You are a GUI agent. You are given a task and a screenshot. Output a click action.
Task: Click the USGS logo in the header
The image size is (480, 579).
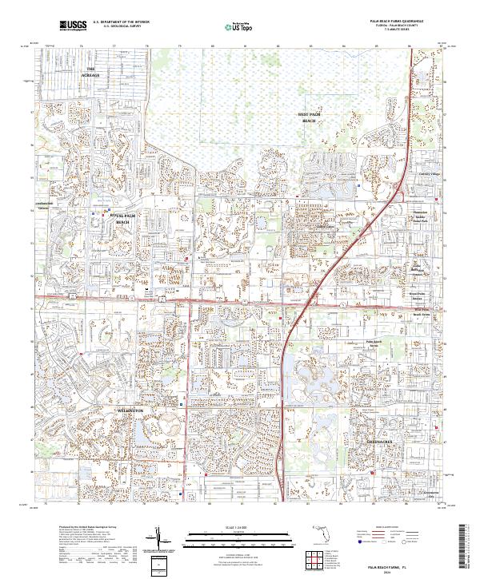click(x=73, y=26)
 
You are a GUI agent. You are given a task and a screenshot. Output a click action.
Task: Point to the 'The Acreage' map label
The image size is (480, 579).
click(x=90, y=72)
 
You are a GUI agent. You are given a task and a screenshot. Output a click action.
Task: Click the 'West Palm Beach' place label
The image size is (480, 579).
click(x=309, y=117)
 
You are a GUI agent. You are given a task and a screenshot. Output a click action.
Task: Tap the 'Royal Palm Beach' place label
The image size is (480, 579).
click(x=122, y=219)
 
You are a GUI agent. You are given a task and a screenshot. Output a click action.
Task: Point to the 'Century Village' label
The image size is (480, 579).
click(x=430, y=173)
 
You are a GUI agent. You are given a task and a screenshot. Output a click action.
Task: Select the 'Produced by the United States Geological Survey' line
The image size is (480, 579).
click(x=79, y=528)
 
